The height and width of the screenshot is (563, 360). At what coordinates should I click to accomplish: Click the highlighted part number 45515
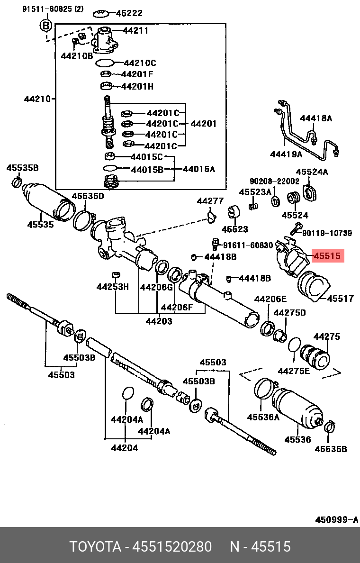click(327, 256)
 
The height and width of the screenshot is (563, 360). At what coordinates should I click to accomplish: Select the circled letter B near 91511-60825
click(45, 26)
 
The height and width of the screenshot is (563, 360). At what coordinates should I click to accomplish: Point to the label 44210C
click(140, 63)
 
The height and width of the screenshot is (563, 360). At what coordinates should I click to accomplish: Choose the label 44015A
click(198, 169)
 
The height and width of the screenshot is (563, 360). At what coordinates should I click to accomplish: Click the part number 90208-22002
click(275, 182)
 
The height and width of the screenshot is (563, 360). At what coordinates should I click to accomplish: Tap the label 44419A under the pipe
click(286, 154)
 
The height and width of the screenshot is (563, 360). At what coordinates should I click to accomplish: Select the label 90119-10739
click(327, 233)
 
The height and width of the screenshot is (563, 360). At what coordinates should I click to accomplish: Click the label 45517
click(340, 299)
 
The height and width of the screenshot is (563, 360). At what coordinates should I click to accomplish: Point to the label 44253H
click(113, 287)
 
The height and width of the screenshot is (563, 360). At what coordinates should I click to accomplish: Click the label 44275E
click(294, 371)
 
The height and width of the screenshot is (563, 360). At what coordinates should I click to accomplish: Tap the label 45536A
click(263, 417)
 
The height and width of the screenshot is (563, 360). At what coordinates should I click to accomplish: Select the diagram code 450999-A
click(336, 520)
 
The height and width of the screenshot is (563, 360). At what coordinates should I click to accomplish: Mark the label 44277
click(210, 201)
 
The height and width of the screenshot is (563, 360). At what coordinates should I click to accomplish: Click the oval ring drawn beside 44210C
click(105, 63)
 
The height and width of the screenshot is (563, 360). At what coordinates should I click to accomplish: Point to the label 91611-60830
click(248, 245)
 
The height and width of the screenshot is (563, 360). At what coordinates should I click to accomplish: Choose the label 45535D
click(88, 196)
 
